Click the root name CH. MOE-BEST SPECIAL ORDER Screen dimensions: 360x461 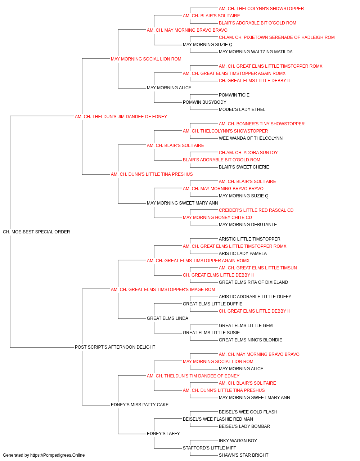tap(36, 232)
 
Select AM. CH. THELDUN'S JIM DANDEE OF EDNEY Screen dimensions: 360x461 tap(121, 117)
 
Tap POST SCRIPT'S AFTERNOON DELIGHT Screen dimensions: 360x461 tap(115, 347)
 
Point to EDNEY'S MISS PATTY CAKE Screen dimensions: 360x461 tap(140, 405)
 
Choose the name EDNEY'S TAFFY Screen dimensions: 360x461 tap(163, 434)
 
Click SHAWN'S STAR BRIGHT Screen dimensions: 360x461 tap(243, 455)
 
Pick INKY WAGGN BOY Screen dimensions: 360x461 tap(238, 441)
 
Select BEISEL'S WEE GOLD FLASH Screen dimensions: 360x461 tap(248, 412)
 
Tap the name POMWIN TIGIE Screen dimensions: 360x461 tap(234, 95)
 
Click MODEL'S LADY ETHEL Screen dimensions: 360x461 tap(242, 109)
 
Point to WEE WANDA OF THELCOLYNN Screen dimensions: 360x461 tap(251, 138)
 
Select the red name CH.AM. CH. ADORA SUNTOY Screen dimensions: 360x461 tap(248, 153)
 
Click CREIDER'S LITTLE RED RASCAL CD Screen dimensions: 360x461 tap(256, 210)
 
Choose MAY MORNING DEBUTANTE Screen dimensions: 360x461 tap(248, 225)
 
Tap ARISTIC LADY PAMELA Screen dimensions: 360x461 tap(243, 254)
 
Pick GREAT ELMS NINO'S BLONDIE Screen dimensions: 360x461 tap(251, 340)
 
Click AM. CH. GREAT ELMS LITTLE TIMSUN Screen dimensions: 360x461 tap(258, 268)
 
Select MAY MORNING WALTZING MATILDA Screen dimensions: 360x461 tap(256, 52)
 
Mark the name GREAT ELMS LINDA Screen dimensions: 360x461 tap(167, 318)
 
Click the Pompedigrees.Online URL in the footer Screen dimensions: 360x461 tap(57, 455)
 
